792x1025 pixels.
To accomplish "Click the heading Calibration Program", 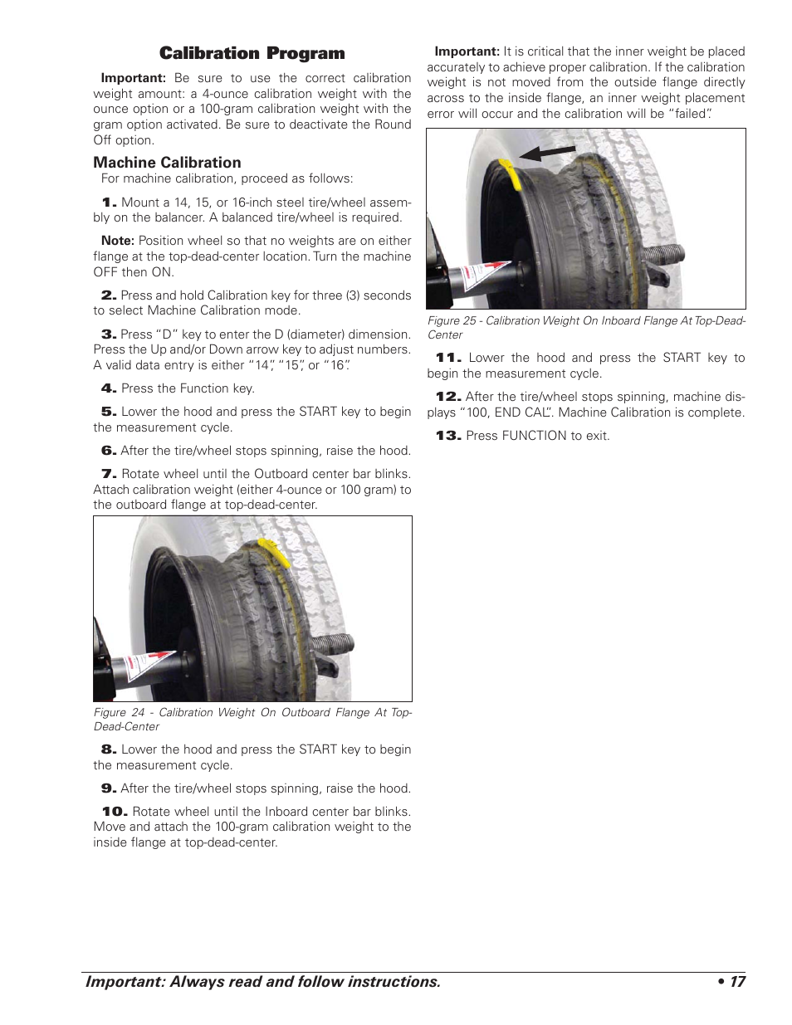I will coord(252,54).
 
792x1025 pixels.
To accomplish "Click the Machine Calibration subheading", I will coord(167,163).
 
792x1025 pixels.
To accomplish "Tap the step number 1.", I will coord(110,203).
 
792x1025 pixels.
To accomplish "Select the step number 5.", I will coord(109,412).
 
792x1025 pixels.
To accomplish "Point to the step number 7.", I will coord(109,474).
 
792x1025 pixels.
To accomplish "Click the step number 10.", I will coord(115,812).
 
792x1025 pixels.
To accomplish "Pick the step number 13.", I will coord(448,436).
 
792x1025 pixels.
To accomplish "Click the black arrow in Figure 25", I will coord(547,153).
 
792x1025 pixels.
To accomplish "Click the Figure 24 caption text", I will coord(252,719).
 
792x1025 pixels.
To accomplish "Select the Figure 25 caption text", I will coord(586,328).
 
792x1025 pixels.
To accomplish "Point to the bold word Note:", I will coord(118,241).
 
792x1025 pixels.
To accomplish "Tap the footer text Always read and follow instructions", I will coord(305,982).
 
